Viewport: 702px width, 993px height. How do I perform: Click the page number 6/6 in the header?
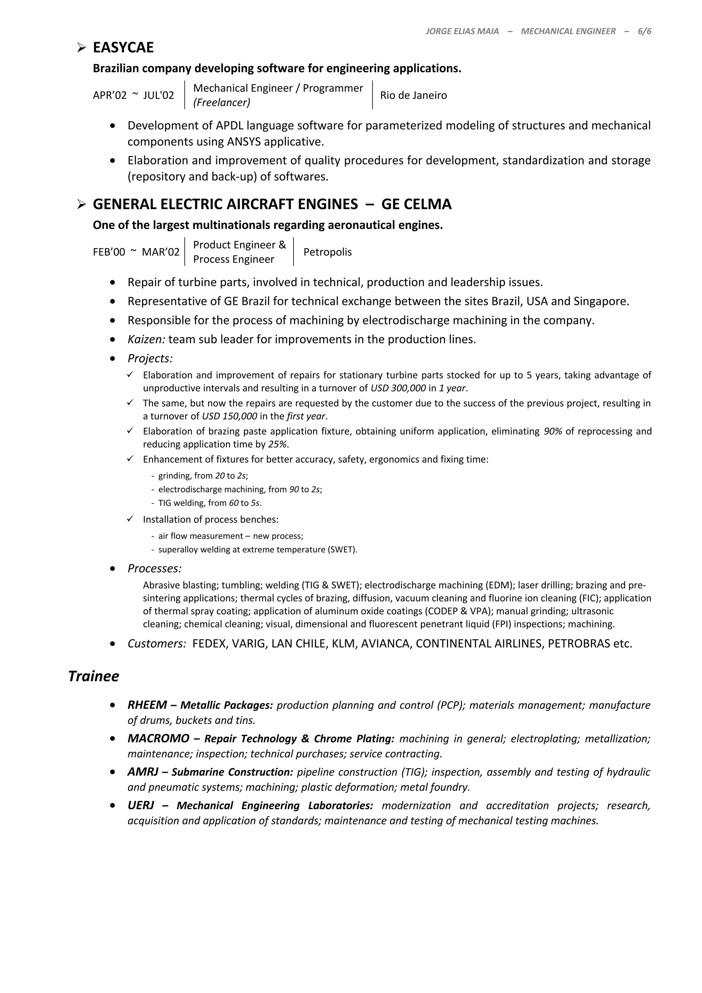coord(644,31)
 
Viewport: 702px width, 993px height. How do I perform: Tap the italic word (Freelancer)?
coord(221,102)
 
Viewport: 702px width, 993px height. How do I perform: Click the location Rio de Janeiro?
coord(413,95)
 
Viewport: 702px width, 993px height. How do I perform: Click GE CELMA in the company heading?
coord(416,204)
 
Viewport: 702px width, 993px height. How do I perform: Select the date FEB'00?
coord(109,252)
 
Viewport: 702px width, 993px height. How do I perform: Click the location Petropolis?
coord(327,252)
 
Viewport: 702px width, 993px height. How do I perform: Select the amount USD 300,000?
coord(398,388)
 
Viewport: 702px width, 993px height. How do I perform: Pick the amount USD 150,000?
coord(229,416)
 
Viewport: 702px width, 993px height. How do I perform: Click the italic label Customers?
coord(157,643)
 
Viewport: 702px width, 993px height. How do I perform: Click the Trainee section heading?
coord(94,676)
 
